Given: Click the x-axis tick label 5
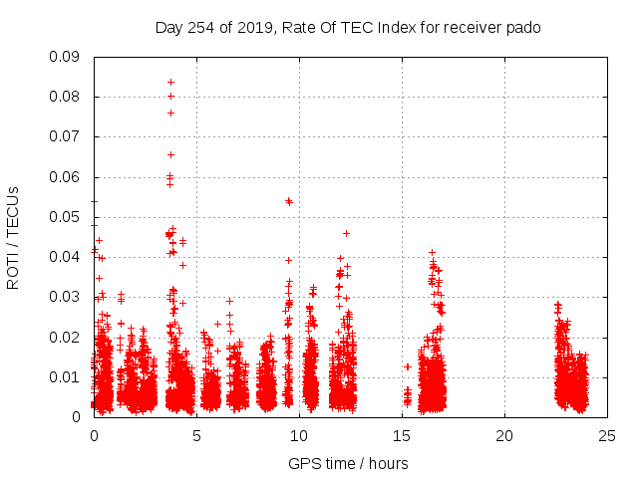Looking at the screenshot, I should [196, 435].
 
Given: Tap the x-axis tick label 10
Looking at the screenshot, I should [299, 435].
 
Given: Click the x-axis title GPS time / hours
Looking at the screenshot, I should [348, 463].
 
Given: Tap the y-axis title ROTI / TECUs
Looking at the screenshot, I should [14, 237].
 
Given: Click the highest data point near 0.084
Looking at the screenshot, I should [170, 82].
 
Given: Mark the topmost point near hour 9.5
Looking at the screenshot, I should [289, 200].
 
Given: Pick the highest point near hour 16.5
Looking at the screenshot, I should [432, 253].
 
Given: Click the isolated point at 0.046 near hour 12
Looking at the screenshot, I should [346, 233].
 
